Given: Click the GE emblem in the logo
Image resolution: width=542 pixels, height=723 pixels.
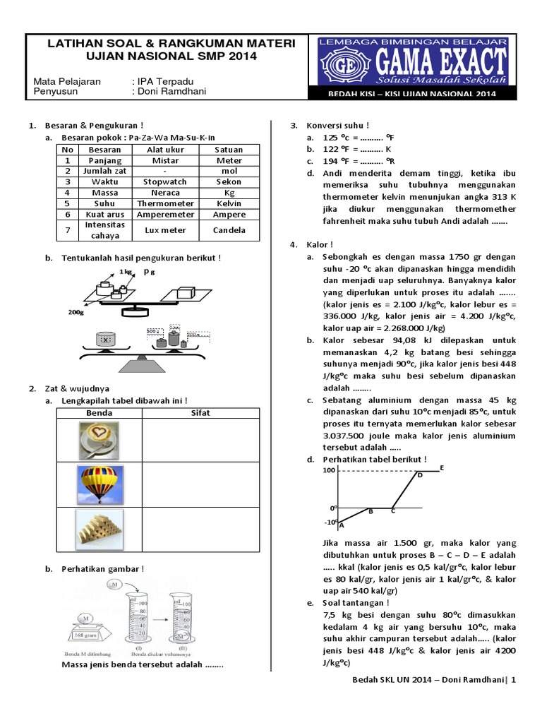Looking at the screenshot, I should [330, 61].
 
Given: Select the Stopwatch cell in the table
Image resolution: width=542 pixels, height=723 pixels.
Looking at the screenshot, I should [165, 181].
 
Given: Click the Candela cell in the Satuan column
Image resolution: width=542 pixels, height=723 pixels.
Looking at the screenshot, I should [229, 230].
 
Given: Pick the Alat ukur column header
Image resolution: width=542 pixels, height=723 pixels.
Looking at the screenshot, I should [165, 150].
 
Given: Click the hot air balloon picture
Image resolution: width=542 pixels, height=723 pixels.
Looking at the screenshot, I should [98, 484].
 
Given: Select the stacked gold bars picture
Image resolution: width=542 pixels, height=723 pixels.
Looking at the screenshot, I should [98, 530].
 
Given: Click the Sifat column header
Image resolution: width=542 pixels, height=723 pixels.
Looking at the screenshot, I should [200, 412].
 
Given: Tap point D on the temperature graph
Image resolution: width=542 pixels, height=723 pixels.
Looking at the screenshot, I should [418, 474].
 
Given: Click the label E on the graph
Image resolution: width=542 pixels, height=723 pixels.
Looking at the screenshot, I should [441, 467].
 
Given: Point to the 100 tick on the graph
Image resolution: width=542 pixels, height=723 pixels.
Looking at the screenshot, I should [328, 470].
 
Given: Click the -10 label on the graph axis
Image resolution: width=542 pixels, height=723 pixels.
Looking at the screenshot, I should [330, 522].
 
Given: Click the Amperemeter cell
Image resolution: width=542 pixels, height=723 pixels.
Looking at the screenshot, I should [165, 214].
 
